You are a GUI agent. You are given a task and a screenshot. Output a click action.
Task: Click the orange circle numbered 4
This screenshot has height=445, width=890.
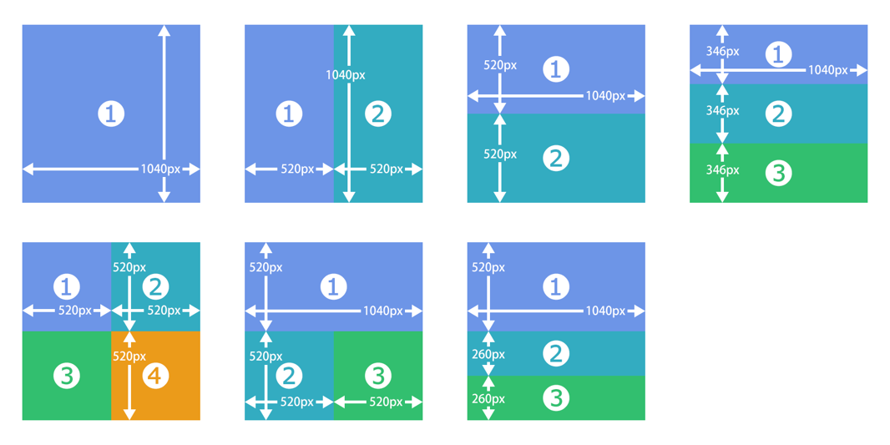[155, 376]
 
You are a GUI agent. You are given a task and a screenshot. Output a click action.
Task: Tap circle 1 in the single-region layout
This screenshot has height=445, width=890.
[111, 114]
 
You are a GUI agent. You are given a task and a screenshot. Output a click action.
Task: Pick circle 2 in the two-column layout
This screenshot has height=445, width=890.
[378, 114]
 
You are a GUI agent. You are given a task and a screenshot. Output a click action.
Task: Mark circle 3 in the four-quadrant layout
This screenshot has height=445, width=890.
[67, 376]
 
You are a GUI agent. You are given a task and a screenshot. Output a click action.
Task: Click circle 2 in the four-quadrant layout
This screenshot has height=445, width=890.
[155, 287]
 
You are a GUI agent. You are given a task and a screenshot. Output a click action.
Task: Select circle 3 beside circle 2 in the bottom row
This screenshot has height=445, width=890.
[378, 376]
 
